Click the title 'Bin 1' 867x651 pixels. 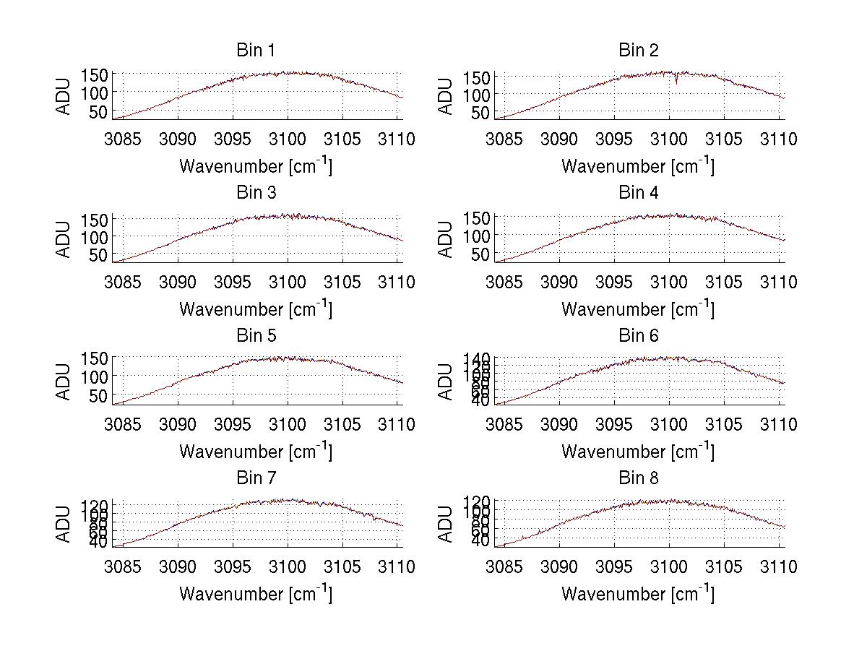pyautogui.click(x=256, y=50)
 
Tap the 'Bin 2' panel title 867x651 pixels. pyautogui.click(x=639, y=50)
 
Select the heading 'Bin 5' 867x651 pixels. pyautogui.click(x=256, y=335)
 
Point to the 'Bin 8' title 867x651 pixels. pyautogui.click(x=639, y=478)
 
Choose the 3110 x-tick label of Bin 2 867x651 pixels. pyautogui.click(x=777, y=139)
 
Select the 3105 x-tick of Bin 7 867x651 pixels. pyautogui.click(x=342, y=567)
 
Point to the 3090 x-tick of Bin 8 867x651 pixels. pyautogui.click(x=560, y=567)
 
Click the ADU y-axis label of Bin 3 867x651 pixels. pyautogui.click(x=64, y=239)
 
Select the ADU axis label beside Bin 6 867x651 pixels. pyautogui.click(x=447, y=381)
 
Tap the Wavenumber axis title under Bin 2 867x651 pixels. pyautogui.click(x=638, y=166)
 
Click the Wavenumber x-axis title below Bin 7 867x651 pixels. pyautogui.click(x=256, y=594)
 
